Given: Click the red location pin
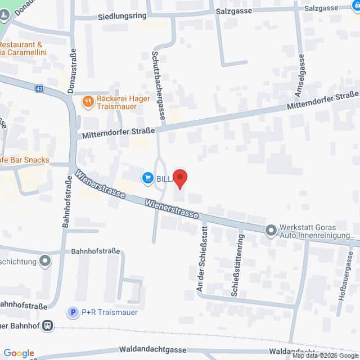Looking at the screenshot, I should click(x=180, y=178).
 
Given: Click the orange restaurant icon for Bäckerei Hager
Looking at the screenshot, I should click(x=88, y=102).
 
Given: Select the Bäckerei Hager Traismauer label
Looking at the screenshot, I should click(x=123, y=102).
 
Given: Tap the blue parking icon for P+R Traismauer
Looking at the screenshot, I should click(x=73, y=312).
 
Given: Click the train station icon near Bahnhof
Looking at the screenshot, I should click(x=49, y=325).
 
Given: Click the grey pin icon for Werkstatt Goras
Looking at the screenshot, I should click(x=271, y=230).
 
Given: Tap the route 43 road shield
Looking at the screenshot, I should click(x=38, y=89).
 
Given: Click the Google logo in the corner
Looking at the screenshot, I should click(x=19, y=353).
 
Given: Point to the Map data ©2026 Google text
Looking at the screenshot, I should click(x=325, y=355).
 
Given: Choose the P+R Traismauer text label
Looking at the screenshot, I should click(x=109, y=313).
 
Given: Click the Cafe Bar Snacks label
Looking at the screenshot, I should click(x=25, y=160).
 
